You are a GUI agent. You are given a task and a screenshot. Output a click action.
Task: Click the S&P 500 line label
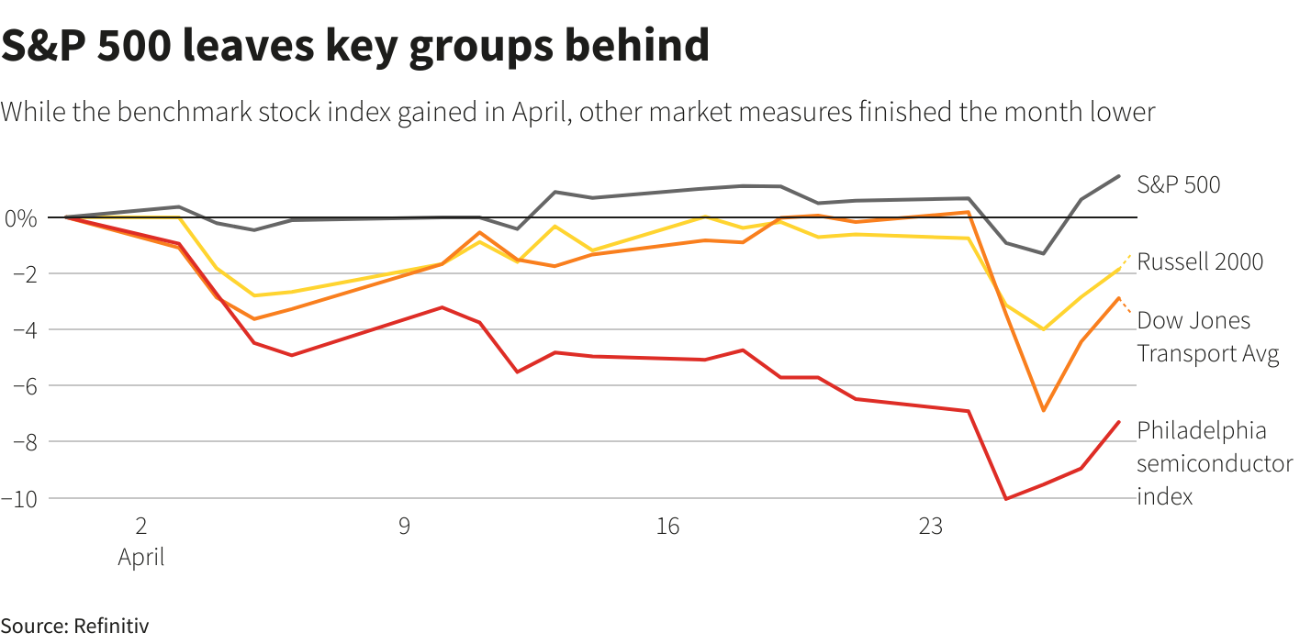click(1179, 184)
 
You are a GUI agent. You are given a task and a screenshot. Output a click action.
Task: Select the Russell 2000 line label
click(1200, 261)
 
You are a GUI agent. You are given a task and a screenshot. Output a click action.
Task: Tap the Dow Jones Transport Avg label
click(1207, 337)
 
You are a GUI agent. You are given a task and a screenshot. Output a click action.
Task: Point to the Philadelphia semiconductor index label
click(1214, 463)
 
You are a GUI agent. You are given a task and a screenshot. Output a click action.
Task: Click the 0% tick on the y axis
click(20, 218)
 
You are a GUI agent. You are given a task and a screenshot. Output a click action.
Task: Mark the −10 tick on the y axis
click(19, 498)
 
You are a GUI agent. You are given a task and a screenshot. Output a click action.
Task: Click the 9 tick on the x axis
click(404, 527)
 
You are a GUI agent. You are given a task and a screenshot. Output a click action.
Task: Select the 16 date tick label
click(667, 527)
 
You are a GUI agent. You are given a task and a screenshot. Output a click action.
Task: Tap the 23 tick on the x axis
click(931, 527)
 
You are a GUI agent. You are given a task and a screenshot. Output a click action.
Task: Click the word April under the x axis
click(141, 557)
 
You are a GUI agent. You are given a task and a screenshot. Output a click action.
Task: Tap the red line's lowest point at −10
click(1006, 498)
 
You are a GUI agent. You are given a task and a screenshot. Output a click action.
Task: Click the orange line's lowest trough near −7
click(1043, 410)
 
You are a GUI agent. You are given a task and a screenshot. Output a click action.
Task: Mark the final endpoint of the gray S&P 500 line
click(1118, 175)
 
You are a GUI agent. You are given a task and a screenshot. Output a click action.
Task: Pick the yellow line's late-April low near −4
click(1043, 329)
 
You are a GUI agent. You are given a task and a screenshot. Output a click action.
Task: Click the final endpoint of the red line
click(1118, 422)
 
